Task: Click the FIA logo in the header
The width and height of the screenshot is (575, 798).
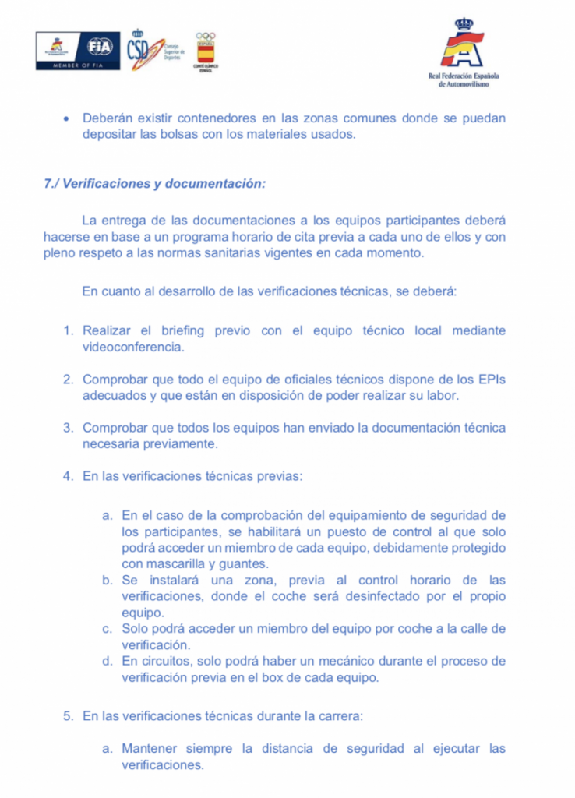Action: tap(100, 47)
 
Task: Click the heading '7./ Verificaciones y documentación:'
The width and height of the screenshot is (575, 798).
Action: tap(155, 185)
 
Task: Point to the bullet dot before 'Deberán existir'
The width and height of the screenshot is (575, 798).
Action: tap(66, 119)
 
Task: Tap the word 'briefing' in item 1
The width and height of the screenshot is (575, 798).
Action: tap(182, 330)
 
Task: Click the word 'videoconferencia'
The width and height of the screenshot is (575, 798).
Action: tap(133, 347)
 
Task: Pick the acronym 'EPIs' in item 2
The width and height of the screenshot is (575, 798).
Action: tap(490, 379)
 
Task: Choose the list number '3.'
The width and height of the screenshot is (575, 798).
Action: tap(69, 428)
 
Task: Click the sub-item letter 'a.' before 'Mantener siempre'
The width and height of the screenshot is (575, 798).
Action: tap(108, 749)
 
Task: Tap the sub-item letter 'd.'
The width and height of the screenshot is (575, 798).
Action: tap(108, 662)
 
